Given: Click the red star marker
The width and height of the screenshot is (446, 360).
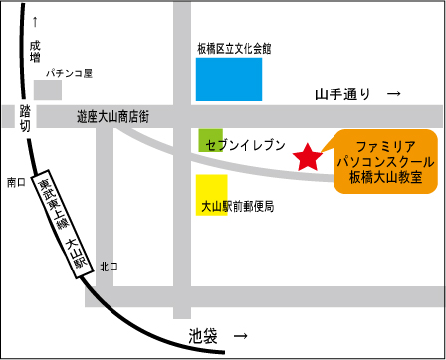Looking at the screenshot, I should click(x=308, y=157).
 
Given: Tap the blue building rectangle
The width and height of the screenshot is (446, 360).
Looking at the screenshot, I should click(x=229, y=79).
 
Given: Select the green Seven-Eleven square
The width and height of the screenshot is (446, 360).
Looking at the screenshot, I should click(x=210, y=139).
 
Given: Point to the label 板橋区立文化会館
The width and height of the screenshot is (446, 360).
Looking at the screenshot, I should click(x=235, y=47).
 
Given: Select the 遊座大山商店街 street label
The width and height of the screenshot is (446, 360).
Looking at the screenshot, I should click(x=112, y=116).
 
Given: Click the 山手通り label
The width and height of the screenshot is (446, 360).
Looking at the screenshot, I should click(x=343, y=94).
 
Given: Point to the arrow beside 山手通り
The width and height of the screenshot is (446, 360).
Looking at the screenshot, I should click(x=393, y=94).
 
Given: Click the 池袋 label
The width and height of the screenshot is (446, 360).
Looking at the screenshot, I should click(x=203, y=337).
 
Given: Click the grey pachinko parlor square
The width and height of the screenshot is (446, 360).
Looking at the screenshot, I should click(x=48, y=90).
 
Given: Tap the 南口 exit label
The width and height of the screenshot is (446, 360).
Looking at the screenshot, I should click(x=15, y=182).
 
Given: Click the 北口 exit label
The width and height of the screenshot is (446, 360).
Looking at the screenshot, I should click(x=108, y=267).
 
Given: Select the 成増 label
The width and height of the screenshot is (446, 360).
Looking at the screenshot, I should click(x=36, y=52).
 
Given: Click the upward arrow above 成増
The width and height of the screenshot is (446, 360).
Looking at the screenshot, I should click(x=36, y=21).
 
